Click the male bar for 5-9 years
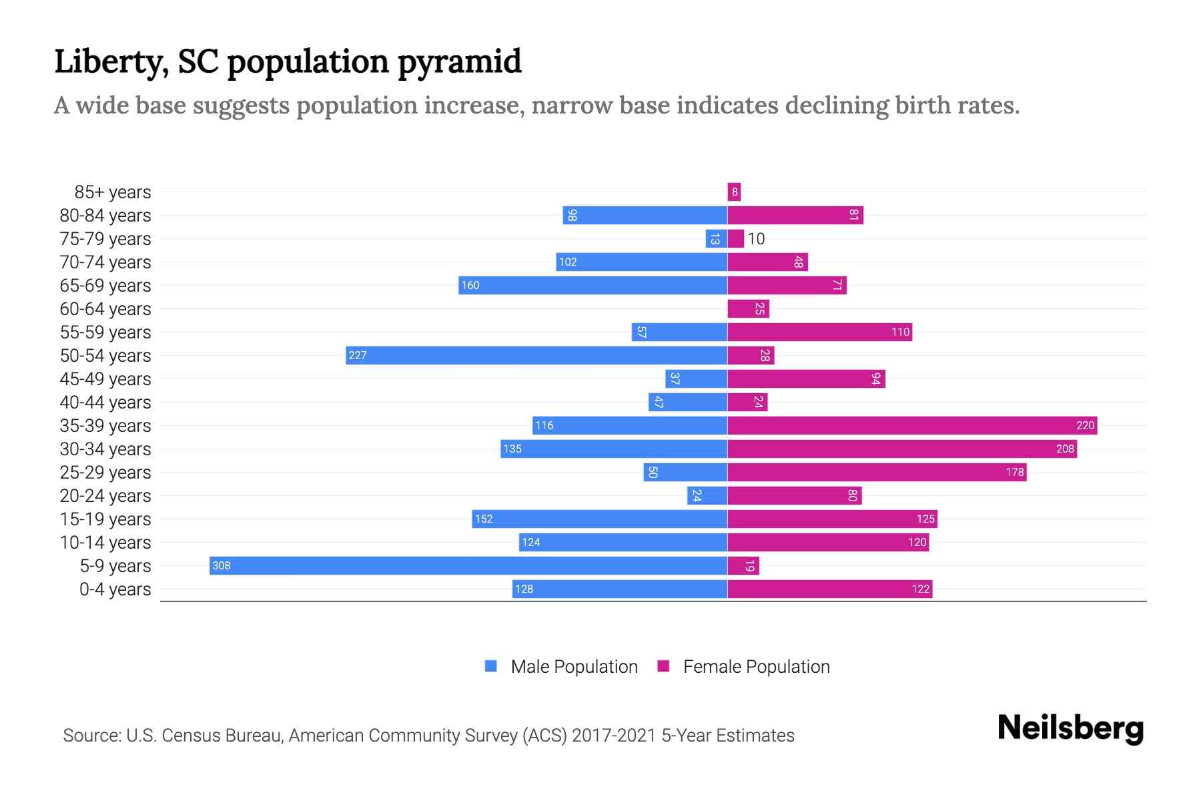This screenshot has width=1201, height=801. coord(467,565)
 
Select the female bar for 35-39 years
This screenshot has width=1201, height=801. coord(911,425)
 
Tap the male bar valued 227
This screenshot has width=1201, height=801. coord(536,355)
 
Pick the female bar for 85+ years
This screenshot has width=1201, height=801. coord(734,192)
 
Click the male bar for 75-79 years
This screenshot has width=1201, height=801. coord(716,238)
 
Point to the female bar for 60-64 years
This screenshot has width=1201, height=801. coord(748,308)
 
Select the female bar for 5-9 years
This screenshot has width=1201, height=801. coord(743,565)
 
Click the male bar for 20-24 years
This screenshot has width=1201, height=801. coord(707,495)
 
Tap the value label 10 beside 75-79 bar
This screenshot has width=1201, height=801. coord(756,238)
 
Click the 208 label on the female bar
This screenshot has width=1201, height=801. coord(1065,449)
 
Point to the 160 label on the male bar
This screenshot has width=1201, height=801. coord(470,285)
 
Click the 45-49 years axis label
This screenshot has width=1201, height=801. coord(105,378)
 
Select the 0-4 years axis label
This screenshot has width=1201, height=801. coord(115,589)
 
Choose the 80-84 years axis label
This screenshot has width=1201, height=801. coord(105,215)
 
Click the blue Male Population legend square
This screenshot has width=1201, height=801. coord(491,666)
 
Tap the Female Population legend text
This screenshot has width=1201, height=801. coord(756,666)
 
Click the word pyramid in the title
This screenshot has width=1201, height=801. coord(460,61)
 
